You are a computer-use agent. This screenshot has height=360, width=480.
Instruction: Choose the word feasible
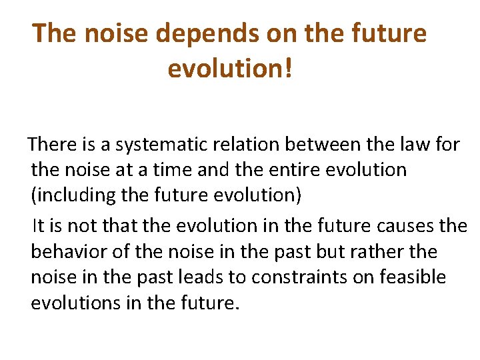coord(414,277)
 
